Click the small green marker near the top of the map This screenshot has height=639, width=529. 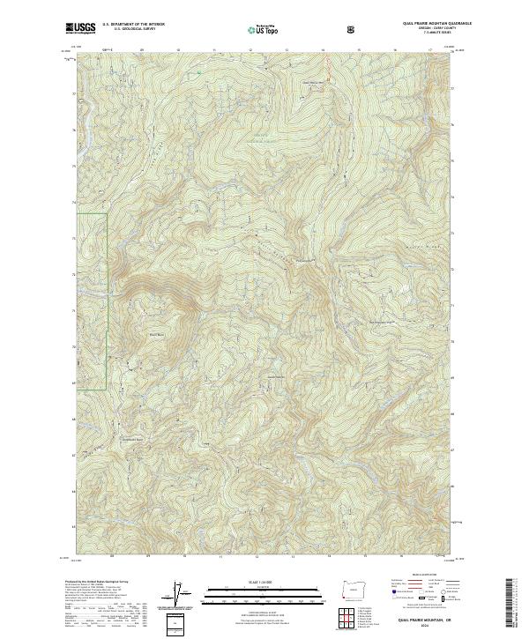click(200, 71)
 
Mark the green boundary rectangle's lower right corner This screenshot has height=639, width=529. click(107, 389)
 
